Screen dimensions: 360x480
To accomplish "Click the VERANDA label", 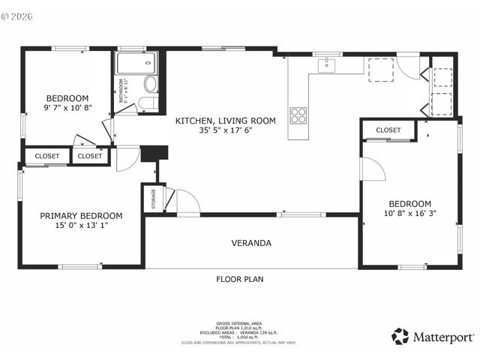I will pos(252,243).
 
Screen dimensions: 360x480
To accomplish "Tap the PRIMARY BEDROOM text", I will pos(81,215).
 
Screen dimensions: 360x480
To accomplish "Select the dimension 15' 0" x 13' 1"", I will pos(81,226).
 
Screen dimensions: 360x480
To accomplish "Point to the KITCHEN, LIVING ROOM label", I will pos(226,120).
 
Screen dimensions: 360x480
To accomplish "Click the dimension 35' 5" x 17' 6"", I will pos(226,130).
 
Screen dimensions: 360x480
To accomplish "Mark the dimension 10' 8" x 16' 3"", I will pos(409,214).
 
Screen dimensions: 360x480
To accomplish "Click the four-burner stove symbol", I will pos(298,115).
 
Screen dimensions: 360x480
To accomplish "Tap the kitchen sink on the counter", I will pos(326,66).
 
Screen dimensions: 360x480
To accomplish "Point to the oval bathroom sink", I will pos(149,82).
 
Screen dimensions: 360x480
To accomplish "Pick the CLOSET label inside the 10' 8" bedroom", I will pos(388,130).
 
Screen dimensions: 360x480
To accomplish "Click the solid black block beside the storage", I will pos(155,152).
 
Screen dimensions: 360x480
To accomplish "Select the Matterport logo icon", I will pos(401,336).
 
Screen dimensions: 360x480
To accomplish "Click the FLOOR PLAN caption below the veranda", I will pos(239,279).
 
